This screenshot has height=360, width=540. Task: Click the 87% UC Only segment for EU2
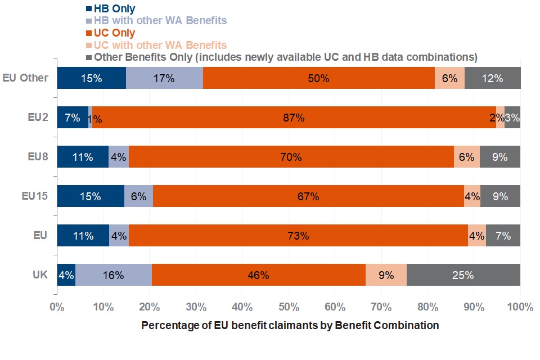point(294,118)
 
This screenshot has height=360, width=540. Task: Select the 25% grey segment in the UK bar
point(463,275)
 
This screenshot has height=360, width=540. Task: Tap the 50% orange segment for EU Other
point(318,78)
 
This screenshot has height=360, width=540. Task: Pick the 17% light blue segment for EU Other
point(164,78)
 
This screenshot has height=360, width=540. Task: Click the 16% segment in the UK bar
point(114,275)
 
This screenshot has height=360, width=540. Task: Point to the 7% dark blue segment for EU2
point(73,118)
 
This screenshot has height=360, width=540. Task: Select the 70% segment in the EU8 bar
point(291,157)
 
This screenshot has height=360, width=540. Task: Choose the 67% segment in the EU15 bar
point(308,196)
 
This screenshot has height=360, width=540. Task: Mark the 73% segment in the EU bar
point(298,236)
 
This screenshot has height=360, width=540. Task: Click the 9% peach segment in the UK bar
point(386,275)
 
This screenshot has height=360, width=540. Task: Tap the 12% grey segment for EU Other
point(492,78)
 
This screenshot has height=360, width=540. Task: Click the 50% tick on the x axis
point(289,307)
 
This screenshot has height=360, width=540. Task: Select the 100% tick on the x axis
point(519,307)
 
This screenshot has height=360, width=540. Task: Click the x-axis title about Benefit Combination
point(290,326)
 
